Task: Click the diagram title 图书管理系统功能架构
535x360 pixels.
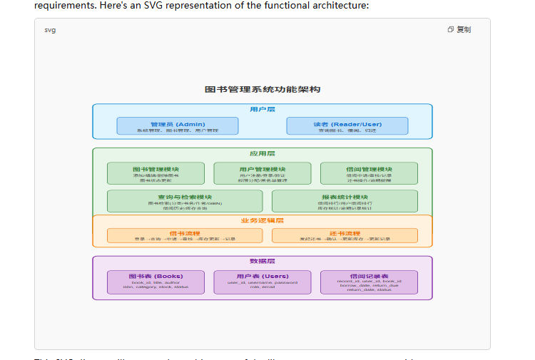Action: click(262, 89)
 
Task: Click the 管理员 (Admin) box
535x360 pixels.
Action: click(178, 126)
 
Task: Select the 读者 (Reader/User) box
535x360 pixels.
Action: click(347, 126)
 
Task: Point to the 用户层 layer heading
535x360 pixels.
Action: click(262, 109)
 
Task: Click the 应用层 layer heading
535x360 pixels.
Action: click(262, 153)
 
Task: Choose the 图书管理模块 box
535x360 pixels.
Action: click(156, 173)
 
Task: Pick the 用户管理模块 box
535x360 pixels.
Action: click(262, 173)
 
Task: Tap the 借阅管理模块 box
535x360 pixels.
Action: click(369, 173)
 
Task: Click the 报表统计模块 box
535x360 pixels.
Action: click(345, 200)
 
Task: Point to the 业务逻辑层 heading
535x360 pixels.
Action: click(262, 220)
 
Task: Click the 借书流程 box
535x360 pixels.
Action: click(185, 235)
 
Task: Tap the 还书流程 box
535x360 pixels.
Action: click(345, 235)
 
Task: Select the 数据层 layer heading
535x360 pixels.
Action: click(262, 262)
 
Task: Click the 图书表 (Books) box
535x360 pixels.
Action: click(156, 282)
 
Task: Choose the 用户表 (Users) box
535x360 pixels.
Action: click(262, 282)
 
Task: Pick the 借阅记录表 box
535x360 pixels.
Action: click(369, 282)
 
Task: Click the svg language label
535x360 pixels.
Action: click(50, 30)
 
